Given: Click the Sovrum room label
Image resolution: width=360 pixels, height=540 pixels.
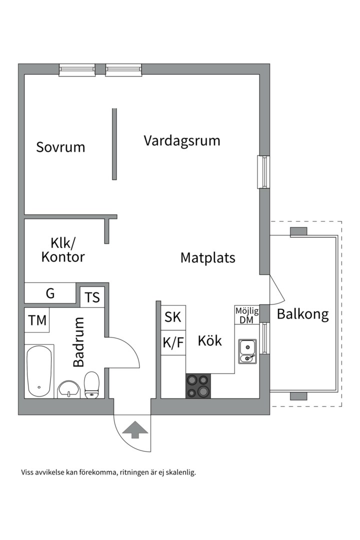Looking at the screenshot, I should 60,147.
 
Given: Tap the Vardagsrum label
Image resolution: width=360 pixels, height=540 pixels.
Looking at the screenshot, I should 182,140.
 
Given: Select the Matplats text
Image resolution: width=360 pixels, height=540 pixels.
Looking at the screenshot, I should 207,258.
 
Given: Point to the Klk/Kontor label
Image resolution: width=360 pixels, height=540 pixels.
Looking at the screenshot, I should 63,250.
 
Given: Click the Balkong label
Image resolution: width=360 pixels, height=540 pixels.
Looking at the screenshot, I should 303,314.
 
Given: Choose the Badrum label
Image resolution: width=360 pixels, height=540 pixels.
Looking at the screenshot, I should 78,343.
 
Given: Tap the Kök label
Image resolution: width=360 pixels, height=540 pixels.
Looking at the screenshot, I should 209,341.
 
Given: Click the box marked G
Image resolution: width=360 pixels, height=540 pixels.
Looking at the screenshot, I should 50,293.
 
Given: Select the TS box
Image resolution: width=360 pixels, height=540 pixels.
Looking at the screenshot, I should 92,297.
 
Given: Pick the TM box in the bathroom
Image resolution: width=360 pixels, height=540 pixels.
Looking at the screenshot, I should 37,320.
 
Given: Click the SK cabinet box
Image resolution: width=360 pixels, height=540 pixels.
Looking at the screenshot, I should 173,317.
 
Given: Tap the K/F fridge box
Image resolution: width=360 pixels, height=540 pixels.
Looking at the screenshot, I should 173,342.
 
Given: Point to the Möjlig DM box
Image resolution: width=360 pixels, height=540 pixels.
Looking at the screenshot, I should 246,315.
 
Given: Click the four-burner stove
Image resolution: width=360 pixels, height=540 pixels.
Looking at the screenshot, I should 198,386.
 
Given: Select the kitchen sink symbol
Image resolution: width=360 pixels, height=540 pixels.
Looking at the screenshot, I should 247,351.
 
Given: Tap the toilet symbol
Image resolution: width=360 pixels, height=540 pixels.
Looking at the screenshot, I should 91,384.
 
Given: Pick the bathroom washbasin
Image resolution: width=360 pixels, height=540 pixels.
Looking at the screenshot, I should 68,388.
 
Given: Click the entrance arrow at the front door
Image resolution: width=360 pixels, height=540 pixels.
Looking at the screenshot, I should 134,429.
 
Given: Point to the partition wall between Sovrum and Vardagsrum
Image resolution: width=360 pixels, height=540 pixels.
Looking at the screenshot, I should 114,144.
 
